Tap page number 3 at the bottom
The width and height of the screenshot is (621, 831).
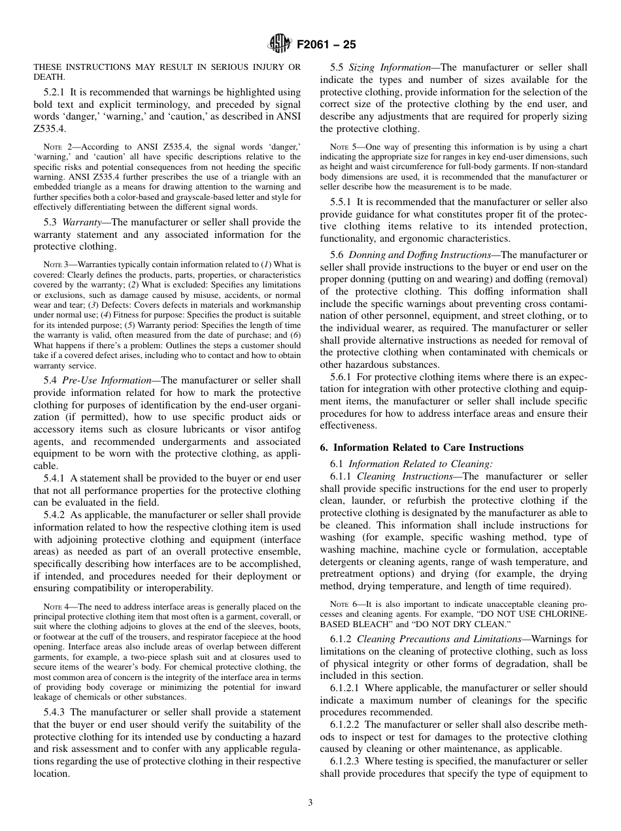[x=310, y=803]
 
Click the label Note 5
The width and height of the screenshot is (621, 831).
[x=343, y=147]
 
